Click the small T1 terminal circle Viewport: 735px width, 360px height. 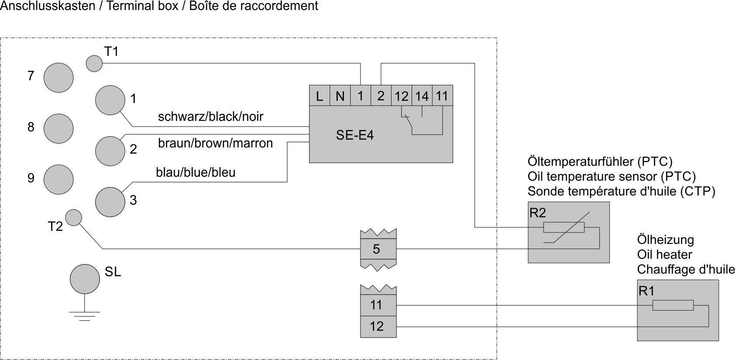pyautogui.click(x=94, y=63)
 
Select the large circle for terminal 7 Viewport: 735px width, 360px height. pyautogui.click(x=58, y=77)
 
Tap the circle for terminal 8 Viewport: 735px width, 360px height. pyautogui.click(x=58, y=128)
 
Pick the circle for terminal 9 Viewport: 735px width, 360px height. pyautogui.click(x=58, y=179)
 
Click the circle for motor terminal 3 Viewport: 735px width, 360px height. pyautogui.click(x=110, y=202)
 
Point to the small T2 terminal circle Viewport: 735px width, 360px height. pyautogui.click(x=73, y=217)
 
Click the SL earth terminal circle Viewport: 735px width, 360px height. pyautogui.click(x=85, y=279)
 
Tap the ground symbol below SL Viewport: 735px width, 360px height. pyautogui.click(x=85, y=315)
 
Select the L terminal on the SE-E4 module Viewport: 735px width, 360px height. pyautogui.click(x=319, y=96)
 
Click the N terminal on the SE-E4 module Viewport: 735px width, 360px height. pyautogui.click(x=340, y=96)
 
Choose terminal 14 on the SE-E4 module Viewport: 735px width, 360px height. pyautogui.click(x=422, y=96)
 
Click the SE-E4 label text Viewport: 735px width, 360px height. pyautogui.click(x=355, y=135)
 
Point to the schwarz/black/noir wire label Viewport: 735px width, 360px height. pyautogui.click(x=210, y=117)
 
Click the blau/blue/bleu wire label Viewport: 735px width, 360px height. pyautogui.click(x=196, y=172)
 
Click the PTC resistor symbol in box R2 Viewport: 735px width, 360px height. pyautogui.click(x=564, y=227)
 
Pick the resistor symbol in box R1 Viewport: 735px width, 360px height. pyautogui.click(x=673, y=305)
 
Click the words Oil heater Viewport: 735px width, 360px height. pyautogui.click(x=664, y=254)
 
